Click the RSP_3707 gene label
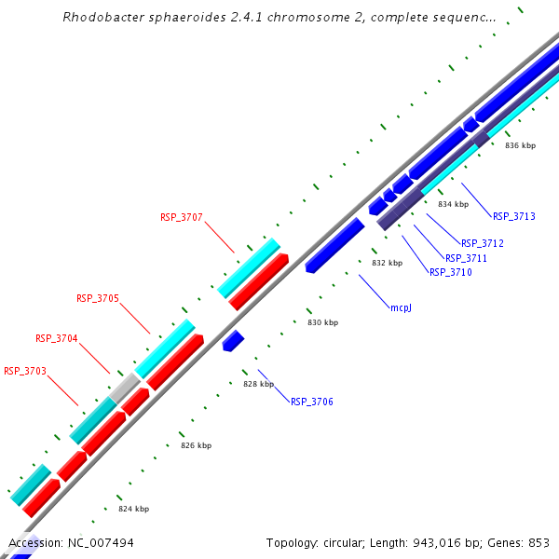pyautogui.click(x=181, y=217)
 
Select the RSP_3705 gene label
pyautogui.click(x=97, y=298)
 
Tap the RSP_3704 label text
pyautogui.click(x=56, y=338)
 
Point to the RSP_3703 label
pyautogui.click(x=24, y=371)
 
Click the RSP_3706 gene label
pyautogui.click(x=311, y=402)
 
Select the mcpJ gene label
pyautogui.click(x=401, y=307)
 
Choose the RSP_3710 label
pyautogui.click(x=450, y=272)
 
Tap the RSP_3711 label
pyautogui.click(x=466, y=258)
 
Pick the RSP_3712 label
pyautogui.click(x=482, y=243)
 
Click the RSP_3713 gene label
pyautogui.click(x=513, y=216)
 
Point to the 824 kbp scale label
pyautogui.click(x=133, y=509)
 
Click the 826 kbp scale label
pyautogui.click(x=196, y=445)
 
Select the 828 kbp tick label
pyautogui.click(x=258, y=384)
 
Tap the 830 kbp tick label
pyautogui.click(x=322, y=322)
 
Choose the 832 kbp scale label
pyautogui.click(x=387, y=263)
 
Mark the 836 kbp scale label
pyautogui.click(x=520, y=145)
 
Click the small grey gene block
pyautogui.click(x=124, y=388)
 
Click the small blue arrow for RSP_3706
pyautogui.click(x=233, y=340)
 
